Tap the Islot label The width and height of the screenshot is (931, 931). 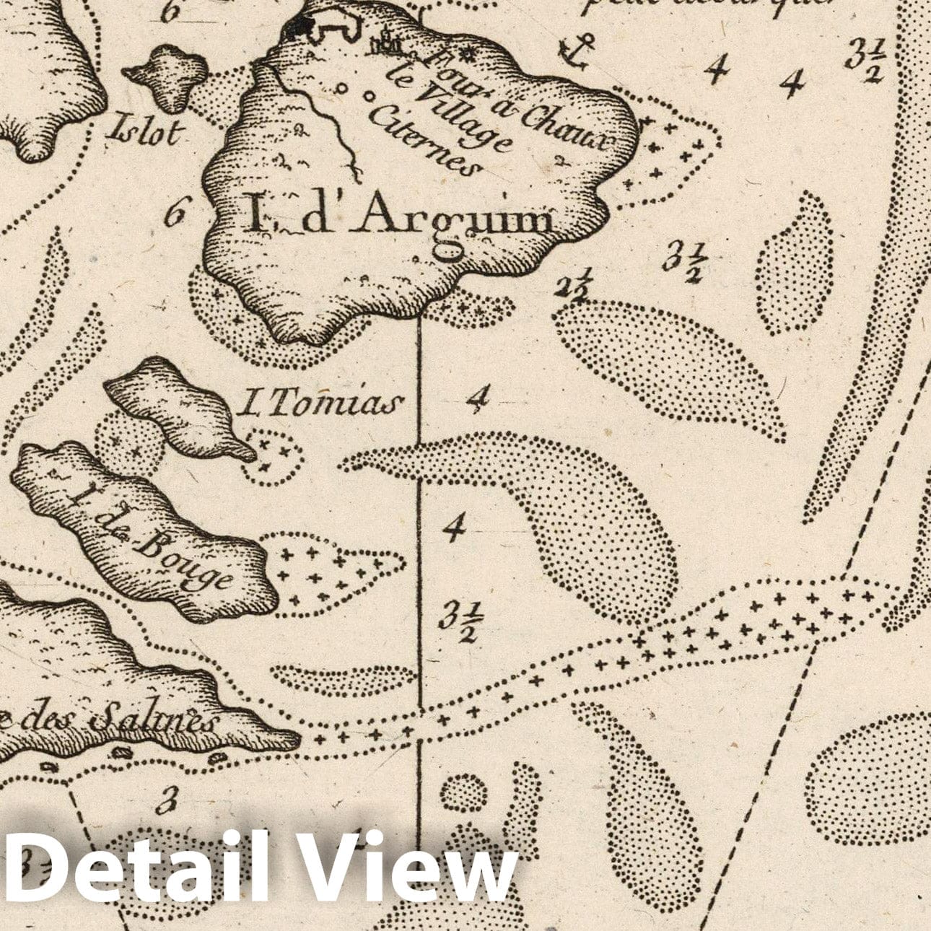click(145, 133)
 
